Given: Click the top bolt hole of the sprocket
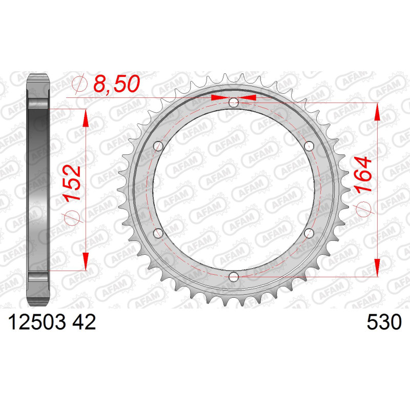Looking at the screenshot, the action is point(234,102).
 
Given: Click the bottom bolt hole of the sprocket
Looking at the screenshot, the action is point(234,277).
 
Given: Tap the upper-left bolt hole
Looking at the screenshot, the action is point(158,146).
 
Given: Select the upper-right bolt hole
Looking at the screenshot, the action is point(309,146).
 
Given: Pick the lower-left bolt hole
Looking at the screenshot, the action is point(158,233).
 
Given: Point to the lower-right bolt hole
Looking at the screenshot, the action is point(309,233).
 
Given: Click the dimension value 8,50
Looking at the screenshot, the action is point(117,84).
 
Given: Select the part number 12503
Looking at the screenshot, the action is point(37,322).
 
